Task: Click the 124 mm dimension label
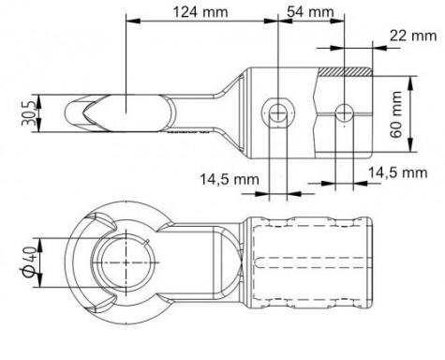coord(200,12)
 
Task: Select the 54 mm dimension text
coord(310,12)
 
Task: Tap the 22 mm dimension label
coord(413,36)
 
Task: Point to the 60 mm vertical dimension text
coord(396,114)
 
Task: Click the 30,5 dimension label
coord(28,113)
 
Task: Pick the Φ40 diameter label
coord(29,262)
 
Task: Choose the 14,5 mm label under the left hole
coord(230,180)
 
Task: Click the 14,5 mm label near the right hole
coord(398,172)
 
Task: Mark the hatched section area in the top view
coord(346,72)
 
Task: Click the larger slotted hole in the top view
coord(277,112)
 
